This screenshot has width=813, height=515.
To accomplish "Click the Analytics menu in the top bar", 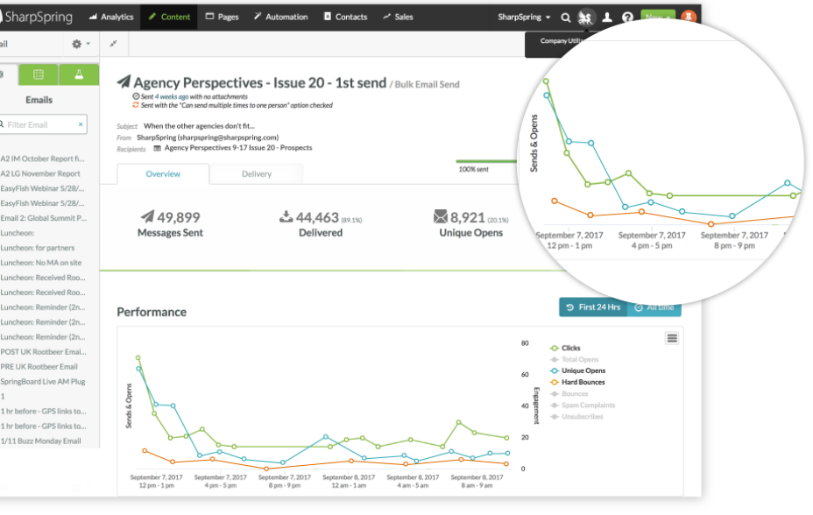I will tap(111, 17).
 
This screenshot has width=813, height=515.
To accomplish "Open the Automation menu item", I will tap(280, 17).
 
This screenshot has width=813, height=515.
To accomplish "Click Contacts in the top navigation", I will tap(345, 17).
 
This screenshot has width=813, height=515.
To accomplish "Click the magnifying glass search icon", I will tap(566, 17).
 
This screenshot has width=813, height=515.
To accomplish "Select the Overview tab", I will tap(163, 173).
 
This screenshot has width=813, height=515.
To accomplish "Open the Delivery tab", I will tap(257, 173).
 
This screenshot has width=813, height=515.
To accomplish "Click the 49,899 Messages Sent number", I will tap(172, 217).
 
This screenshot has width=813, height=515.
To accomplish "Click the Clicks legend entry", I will tap(570, 348).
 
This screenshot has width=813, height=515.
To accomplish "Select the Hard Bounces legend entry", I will tap(583, 382).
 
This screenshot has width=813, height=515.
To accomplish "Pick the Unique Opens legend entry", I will tap(583, 370).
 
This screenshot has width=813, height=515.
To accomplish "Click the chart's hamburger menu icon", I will tap(672, 338).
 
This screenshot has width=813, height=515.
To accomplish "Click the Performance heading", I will tap(152, 312).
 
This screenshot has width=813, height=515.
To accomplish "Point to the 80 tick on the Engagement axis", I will tap(525, 343).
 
